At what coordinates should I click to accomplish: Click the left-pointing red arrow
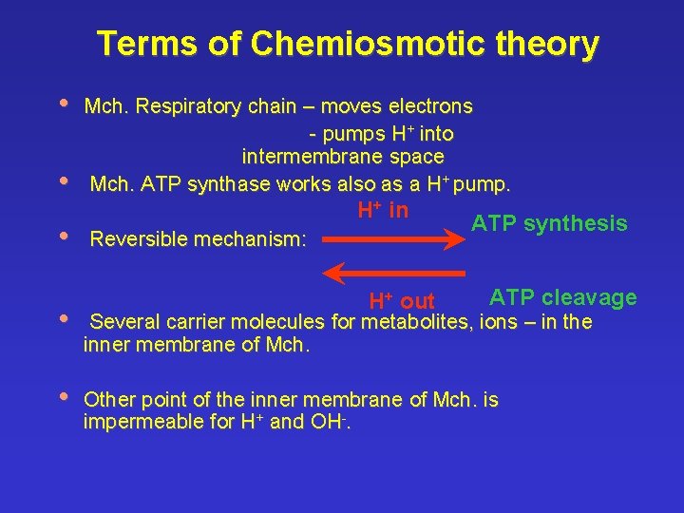pyautogui.click(x=393, y=274)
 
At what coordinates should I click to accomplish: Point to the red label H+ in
pyautogui.click(x=383, y=210)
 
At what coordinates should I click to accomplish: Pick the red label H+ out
pyautogui.click(x=401, y=302)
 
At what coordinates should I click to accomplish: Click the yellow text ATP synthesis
pyautogui.click(x=549, y=224)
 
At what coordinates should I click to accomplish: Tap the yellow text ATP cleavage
pyautogui.click(x=562, y=298)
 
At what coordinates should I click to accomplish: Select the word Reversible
pyautogui.click(x=137, y=239)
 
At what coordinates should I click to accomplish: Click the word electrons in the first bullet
pyautogui.click(x=429, y=105)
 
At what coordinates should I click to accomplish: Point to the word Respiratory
pyautogui.click(x=188, y=105)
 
